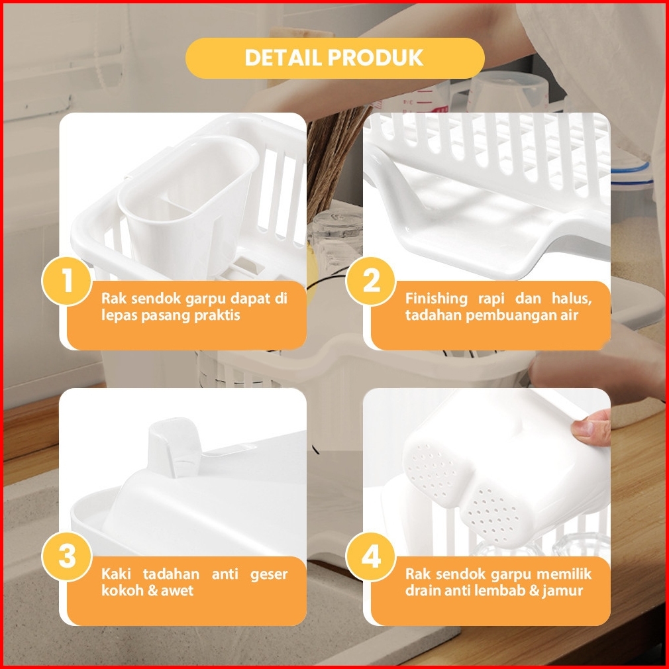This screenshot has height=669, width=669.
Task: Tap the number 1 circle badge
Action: click(66, 281)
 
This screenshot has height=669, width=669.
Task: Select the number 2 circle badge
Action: click(370, 281)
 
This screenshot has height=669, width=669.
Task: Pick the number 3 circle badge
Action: click(66, 557)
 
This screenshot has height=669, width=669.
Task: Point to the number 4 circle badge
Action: click(370, 557)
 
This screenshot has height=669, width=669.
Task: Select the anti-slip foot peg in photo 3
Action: click(174, 446)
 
